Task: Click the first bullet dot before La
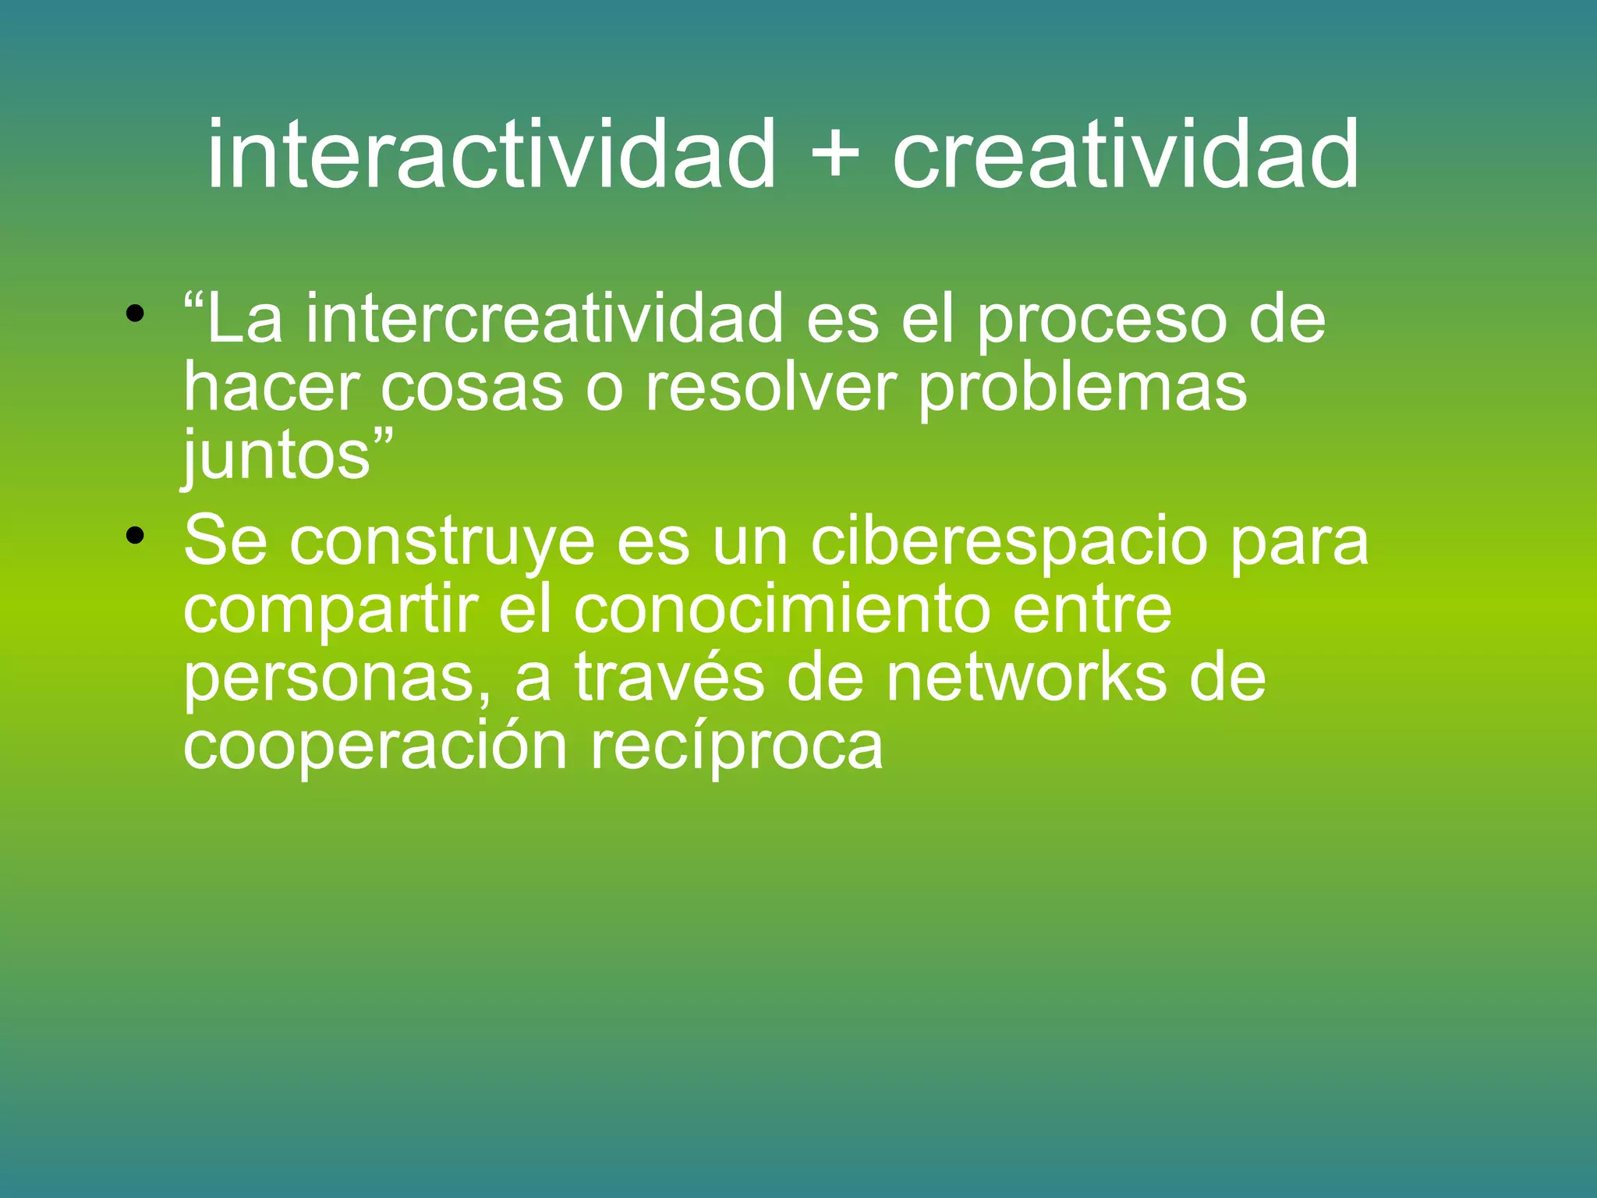tap(136, 314)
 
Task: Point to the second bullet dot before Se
tap(136, 536)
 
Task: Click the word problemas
tap(1082, 390)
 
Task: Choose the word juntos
tap(277, 459)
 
